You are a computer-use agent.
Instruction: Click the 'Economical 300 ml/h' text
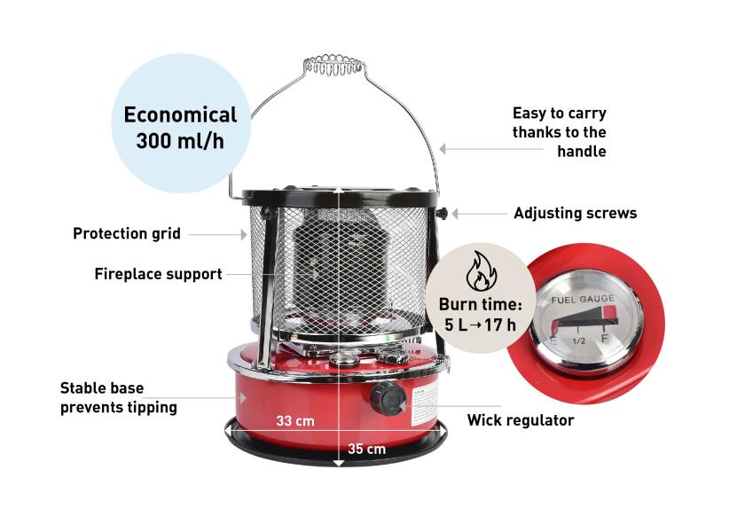point(180,128)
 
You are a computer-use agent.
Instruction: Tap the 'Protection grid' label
point(126,234)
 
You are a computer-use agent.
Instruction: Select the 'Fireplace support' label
point(158,274)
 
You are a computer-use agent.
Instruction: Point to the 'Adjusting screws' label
point(576,214)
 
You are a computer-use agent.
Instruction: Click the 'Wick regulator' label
point(521,420)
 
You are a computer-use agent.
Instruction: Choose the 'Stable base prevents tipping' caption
point(119,397)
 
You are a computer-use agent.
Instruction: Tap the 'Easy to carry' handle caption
point(560,132)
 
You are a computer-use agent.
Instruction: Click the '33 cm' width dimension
point(295,421)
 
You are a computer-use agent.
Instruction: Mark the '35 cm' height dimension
point(366,449)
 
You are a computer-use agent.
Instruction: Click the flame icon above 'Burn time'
point(481,271)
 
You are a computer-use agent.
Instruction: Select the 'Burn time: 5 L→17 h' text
point(480,315)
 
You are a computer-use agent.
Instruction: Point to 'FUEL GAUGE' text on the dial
point(583,300)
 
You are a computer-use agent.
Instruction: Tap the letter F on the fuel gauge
point(605,339)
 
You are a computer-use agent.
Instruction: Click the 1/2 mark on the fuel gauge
point(578,341)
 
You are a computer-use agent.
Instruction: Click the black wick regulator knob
point(388,398)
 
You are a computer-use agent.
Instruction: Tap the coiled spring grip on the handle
point(333,65)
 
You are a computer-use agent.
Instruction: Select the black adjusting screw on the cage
point(442,214)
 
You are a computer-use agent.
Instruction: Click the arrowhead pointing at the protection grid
point(244,234)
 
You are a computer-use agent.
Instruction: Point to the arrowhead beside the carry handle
point(443,149)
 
